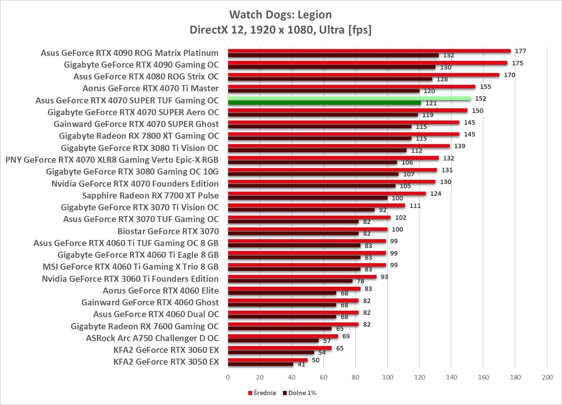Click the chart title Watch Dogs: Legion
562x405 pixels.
[x=280, y=14]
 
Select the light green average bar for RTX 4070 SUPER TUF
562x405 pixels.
[x=349, y=98]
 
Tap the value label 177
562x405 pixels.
[x=520, y=51]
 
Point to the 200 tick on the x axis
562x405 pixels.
[x=547, y=377]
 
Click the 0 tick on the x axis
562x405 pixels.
[x=228, y=377]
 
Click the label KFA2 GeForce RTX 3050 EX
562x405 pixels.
[x=166, y=362]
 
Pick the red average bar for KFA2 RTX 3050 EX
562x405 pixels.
[x=268, y=360]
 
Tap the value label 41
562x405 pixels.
[x=302, y=364]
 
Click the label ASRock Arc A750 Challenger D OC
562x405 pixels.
[x=152, y=338]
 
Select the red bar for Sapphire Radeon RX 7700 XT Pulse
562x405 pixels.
[x=327, y=194]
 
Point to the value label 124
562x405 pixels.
[x=435, y=194]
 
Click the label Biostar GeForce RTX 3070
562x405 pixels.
[x=168, y=231]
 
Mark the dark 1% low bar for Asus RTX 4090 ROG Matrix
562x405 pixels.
[x=333, y=55]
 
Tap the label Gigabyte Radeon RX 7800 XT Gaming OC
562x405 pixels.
[x=139, y=136]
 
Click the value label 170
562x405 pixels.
[x=509, y=75]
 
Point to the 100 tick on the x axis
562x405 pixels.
[x=387, y=377]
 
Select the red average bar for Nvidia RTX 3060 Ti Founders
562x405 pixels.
[x=302, y=277]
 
